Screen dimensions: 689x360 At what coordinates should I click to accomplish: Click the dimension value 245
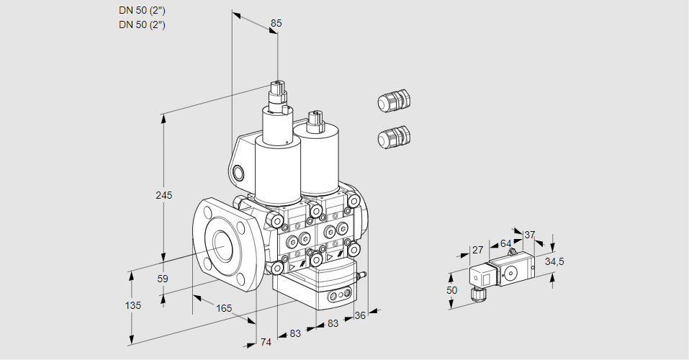click(x=164, y=195)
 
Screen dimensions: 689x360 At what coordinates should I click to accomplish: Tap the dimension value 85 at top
click(x=276, y=23)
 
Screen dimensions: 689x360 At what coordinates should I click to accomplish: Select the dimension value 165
click(x=224, y=308)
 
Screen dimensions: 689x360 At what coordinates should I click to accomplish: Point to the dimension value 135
click(x=133, y=305)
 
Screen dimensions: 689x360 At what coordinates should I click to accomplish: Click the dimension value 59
click(x=163, y=279)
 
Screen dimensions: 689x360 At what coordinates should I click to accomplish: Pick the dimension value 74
click(x=266, y=342)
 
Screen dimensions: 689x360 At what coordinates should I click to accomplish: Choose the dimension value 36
click(x=360, y=315)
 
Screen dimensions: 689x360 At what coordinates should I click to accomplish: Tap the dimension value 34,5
click(x=554, y=261)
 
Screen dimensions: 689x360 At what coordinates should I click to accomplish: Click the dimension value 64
click(x=505, y=243)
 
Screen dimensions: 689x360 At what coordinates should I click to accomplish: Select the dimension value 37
click(x=529, y=235)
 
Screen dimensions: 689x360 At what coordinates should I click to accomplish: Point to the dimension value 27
click(x=477, y=250)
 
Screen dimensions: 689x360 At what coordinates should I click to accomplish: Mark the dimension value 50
click(x=451, y=290)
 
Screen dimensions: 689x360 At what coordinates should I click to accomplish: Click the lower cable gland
click(x=394, y=137)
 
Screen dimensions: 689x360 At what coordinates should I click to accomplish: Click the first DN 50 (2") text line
click(x=142, y=11)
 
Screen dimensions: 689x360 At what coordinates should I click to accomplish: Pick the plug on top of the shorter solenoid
click(x=315, y=122)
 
